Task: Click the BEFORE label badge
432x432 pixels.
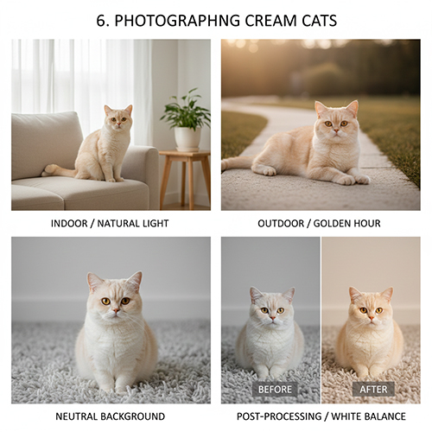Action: (275, 389)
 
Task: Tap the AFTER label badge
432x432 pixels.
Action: (373, 389)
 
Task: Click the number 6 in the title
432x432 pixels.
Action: (101, 21)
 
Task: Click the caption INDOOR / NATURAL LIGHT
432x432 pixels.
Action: (110, 224)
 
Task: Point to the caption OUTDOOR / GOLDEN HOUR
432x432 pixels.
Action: (319, 224)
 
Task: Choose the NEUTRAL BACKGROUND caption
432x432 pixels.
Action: (110, 416)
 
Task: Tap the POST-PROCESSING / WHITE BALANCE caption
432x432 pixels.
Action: (321, 416)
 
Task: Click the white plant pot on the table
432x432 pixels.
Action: (187, 139)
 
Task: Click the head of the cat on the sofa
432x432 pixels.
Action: (118, 117)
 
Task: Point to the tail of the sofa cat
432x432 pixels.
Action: (59, 171)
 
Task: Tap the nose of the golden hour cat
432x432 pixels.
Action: (336, 132)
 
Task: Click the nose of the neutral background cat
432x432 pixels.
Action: (116, 311)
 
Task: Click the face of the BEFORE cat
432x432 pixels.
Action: (272, 309)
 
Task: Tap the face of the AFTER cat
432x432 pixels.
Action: (371, 309)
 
